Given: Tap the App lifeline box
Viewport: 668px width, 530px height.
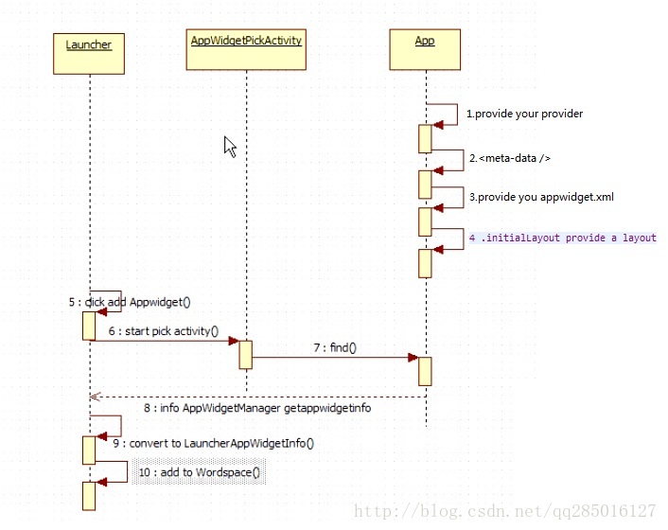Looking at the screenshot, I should [425, 48].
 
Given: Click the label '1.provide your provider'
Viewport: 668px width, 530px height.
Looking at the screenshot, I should [524, 114].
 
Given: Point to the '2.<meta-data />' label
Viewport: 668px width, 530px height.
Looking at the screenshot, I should [509, 158].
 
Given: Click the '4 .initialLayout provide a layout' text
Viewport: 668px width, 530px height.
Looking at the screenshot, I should [562, 238].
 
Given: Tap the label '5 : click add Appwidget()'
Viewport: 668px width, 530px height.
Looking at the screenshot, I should [130, 303].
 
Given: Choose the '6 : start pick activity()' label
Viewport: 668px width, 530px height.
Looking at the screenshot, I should [164, 331].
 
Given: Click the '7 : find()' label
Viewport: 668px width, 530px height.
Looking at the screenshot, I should [335, 348].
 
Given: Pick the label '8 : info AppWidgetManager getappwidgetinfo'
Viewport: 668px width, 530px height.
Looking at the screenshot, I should [256, 408].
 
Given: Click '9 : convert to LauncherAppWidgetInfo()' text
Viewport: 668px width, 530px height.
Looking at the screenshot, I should [213, 442].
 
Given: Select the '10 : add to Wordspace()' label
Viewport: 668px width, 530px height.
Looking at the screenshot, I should [199, 472].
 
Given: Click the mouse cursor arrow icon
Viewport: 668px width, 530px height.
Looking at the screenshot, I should [230, 146].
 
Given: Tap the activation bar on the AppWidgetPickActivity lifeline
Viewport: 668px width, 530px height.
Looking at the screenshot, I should [245, 354].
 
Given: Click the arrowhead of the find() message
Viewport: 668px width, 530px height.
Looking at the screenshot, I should [413, 358].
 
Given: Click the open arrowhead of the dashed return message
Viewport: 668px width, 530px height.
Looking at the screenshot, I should [94, 397].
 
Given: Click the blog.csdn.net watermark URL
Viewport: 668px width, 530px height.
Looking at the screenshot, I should [504, 511].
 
